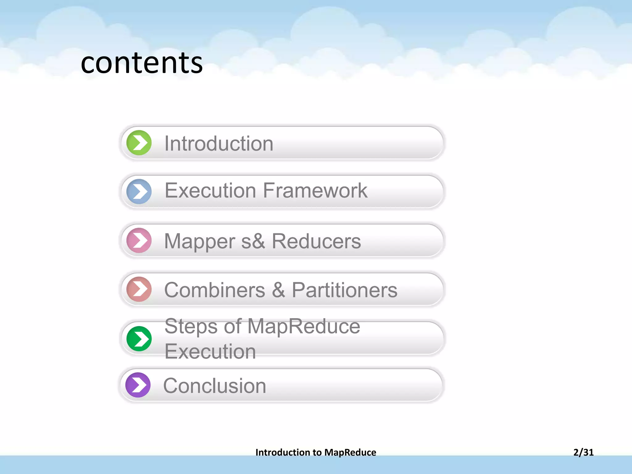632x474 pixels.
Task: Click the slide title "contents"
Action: [x=142, y=63]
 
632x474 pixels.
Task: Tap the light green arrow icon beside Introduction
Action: [x=139, y=143]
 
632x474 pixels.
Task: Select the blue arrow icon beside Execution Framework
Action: [x=139, y=191]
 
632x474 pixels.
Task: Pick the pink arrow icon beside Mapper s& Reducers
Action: [x=139, y=240]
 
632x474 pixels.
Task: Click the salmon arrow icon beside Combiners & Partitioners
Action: [x=139, y=289]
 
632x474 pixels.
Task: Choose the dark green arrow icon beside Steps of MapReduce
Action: [x=139, y=339]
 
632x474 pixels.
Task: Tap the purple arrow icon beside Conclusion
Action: [x=138, y=385]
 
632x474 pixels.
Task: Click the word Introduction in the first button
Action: [x=219, y=143]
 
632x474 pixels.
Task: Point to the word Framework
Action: [x=315, y=190]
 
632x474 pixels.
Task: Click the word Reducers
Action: [x=316, y=241]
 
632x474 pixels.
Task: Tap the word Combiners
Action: [x=214, y=290]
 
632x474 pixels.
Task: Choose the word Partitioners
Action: [x=344, y=290]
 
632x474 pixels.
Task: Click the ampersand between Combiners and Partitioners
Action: [x=278, y=290]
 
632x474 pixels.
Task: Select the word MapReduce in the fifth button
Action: [x=304, y=326]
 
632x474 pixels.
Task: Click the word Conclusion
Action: [x=214, y=386]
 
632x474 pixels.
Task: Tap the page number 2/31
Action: [x=583, y=452]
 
